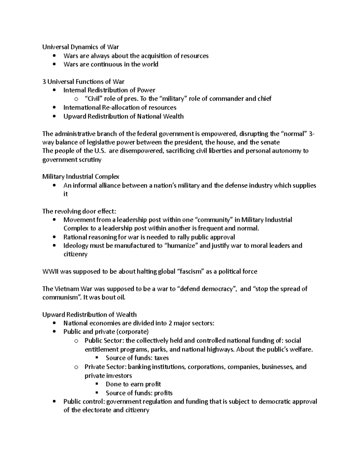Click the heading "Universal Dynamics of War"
(x=80, y=47)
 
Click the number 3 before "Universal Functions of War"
(x=44, y=82)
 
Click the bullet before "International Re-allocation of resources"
(x=54, y=107)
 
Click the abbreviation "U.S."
(x=100, y=151)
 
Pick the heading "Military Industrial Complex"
(x=81, y=177)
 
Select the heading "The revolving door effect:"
(x=79, y=211)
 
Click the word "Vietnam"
(x=66, y=289)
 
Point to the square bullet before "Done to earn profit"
(x=97, y=384)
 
